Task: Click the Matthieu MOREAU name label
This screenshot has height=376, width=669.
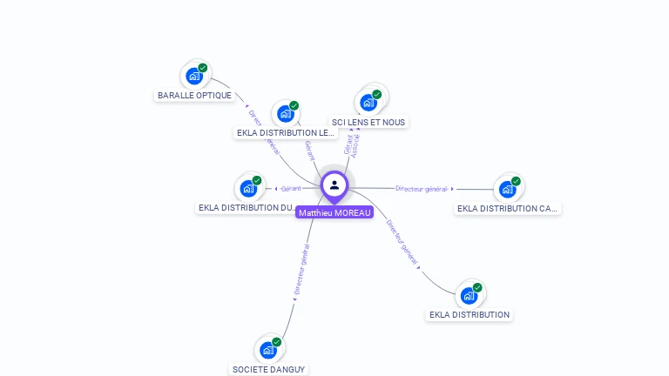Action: pyautogui.click(x=334, y=212)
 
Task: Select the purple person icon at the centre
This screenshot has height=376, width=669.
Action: pyautogui.click(x=334, y=185)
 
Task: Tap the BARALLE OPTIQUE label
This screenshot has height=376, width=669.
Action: pyautogui.click(x=194, y=95)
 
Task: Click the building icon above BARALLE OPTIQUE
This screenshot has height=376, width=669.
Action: pyautogui.click(x=194, y=76)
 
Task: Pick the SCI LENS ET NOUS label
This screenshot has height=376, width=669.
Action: pyautogui.click(x=368, y=122)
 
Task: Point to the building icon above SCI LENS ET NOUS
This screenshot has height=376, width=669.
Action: pyautogui.click(x=368, y=103)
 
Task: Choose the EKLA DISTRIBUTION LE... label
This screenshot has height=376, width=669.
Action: pyautogui.click(x=285, y=132)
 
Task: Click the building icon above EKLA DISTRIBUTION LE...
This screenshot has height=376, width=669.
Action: pyautogui.click(x=286, y=113)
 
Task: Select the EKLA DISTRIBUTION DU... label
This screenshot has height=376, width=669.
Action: pyautogui.click(x=248, y=207)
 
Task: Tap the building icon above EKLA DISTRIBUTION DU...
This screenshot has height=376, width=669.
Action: pyautogui.click(x=248, y=188)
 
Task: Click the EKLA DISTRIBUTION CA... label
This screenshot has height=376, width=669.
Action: pyautogui.click(x=508, y=208)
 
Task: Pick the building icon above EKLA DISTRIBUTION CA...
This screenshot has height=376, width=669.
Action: pyautogui.click(x=507, y=189)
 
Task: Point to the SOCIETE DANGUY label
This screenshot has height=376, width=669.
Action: pyautogui.click(x=268, y=369)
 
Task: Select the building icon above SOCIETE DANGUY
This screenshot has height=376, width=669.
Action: pyautogui.click(x=268, y=350)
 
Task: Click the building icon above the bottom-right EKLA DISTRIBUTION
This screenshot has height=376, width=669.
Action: pyautogui.click(x=469, y=295)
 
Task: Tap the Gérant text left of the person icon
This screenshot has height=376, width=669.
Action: pyautogui.click(x=291, y=189)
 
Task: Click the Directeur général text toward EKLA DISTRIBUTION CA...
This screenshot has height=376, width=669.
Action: pyautogui.click(x=422, y=189)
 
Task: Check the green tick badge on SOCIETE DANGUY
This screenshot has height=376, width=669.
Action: pyautogui.click(x=277, y=342)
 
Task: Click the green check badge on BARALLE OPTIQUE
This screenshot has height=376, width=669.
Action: pyautogui.click(x=203, y=68)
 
